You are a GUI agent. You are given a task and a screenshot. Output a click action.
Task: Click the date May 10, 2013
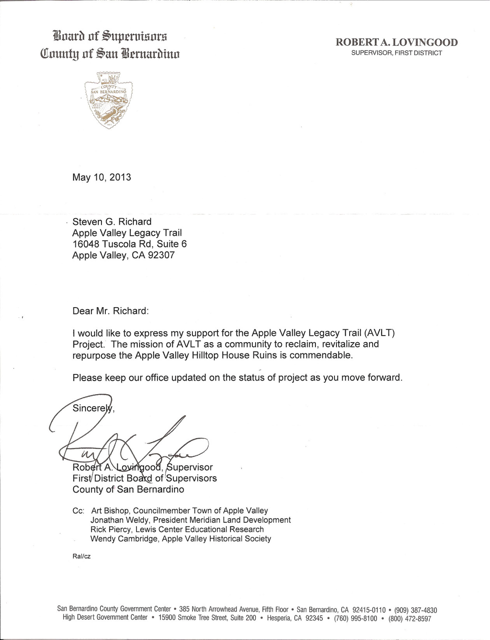tap(102, 178)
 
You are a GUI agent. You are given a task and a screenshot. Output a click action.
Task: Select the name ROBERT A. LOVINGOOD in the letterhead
tap(397, 43)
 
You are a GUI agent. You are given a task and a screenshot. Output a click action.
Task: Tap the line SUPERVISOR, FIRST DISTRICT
tap(397, 53)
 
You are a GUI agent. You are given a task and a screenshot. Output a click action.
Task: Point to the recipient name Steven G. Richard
tap(112, 222)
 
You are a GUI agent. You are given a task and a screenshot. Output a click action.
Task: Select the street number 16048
tap(85, 244)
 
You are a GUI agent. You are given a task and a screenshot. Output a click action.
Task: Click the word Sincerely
tap(92, 408)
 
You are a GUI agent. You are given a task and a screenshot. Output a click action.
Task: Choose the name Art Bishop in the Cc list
tap(110, 511)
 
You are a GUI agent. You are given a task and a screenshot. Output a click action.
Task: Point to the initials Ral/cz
tap(81, 556)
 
